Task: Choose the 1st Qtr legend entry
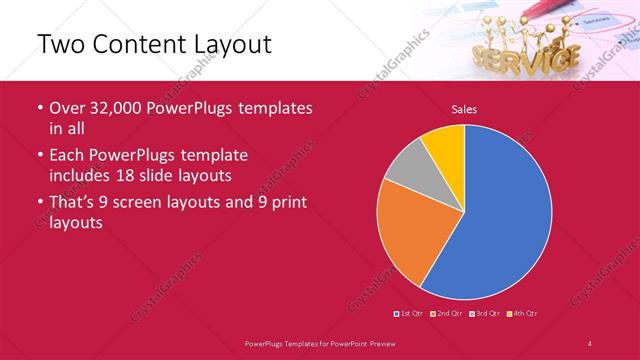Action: pos(409,314)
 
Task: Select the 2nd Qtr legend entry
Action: pos(446,314)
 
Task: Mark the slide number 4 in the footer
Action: pos(590,343)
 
